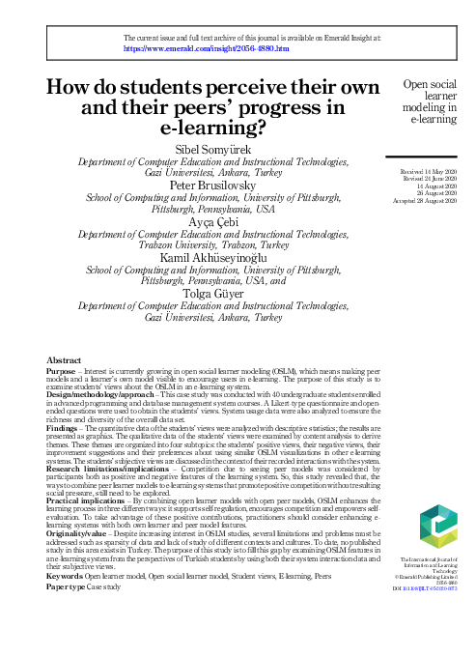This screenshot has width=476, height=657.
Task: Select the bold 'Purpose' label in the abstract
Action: tap(63, 398)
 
